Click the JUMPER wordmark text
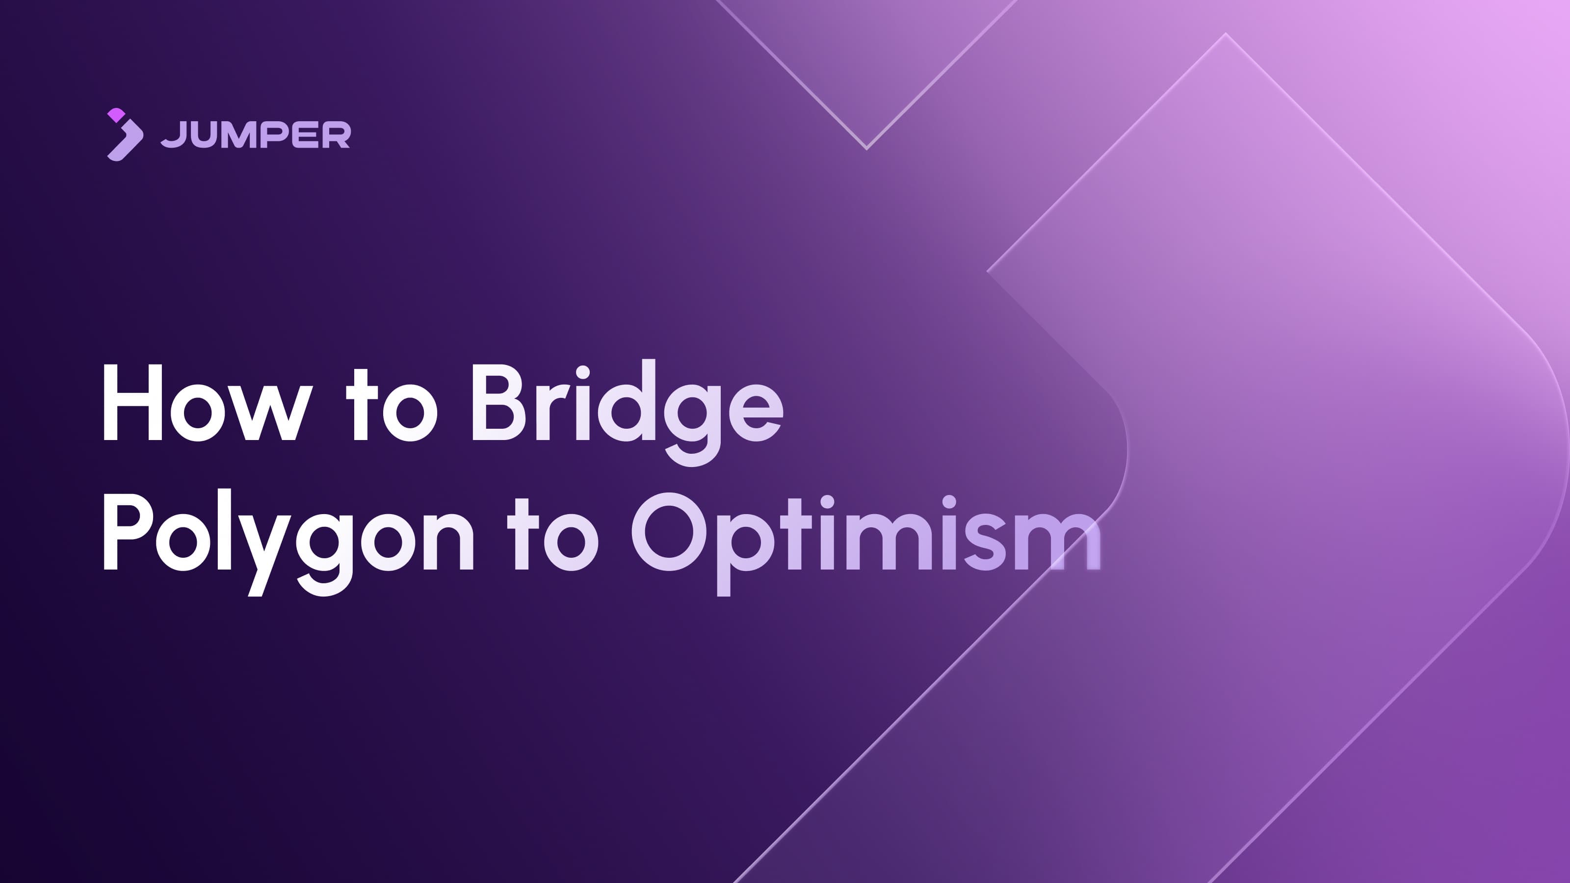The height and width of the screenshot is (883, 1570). pos(256,135)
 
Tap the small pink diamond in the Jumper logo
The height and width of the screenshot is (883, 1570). pos(116,115)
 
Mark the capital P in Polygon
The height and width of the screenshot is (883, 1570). pos(125,532)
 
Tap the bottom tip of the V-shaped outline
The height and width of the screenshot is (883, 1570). pos(866,148)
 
